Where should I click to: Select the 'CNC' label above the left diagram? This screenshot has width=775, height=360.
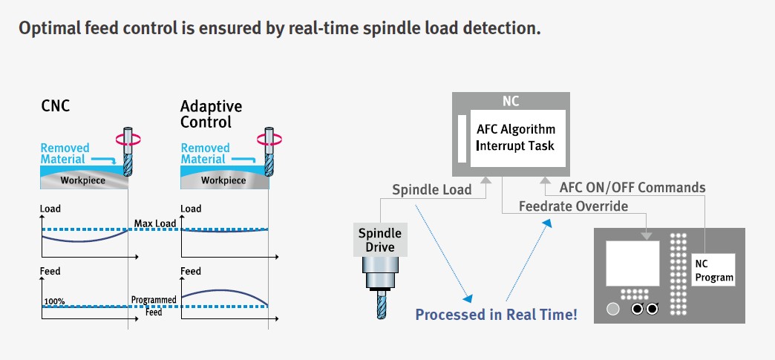(56, 106)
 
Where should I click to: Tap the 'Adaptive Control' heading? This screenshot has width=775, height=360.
(211, 114)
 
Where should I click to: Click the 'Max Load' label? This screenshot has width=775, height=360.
(154, 223)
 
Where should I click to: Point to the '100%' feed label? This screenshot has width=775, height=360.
(54, 302)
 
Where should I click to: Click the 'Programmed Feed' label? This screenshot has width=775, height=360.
(154, 305)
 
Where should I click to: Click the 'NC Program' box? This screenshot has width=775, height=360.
(713, 271)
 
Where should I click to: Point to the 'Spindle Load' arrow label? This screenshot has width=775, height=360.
(431, 189)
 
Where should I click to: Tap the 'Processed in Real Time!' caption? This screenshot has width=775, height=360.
(496, 314)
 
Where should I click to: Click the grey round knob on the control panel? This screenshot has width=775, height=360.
(612, 308)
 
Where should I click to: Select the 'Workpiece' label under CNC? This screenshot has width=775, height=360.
(82, 180)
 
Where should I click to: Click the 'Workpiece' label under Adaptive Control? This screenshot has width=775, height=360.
(223, 180)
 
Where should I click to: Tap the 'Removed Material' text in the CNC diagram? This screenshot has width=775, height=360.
(65, 154)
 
